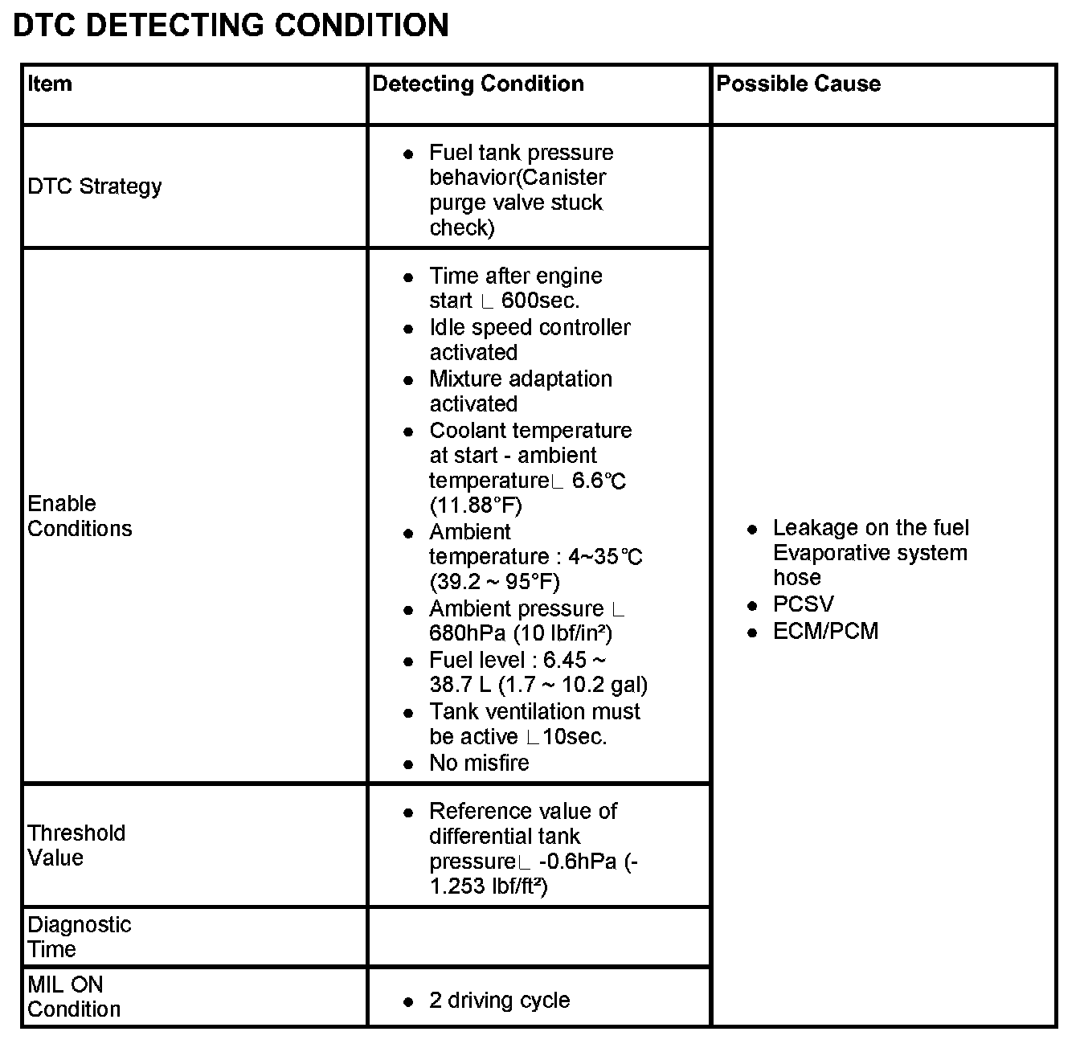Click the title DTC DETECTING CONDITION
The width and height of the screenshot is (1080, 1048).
point(231,26)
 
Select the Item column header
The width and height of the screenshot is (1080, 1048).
point(50,84)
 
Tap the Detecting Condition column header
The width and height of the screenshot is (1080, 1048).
point(478,84)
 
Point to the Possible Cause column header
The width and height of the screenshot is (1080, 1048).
point(798,84)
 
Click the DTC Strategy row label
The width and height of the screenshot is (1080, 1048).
point(95,186)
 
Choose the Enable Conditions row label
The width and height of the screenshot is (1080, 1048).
point(80,516)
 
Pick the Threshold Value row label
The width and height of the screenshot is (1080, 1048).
point(76,845)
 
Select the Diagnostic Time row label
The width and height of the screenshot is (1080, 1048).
point(80,936)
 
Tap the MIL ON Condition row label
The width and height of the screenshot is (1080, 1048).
point(74,997)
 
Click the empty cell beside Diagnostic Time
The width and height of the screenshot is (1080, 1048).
point(538,936)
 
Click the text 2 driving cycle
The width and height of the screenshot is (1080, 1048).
point(500,1001)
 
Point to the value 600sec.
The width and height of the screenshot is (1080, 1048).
point(540,301)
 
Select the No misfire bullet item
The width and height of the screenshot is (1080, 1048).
point(479,763)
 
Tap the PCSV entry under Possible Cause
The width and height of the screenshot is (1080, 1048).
point(803,604)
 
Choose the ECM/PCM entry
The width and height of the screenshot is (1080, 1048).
point(825,631)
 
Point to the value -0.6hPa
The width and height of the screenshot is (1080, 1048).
point(578,862)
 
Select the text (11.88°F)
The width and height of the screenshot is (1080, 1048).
point(476,506)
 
